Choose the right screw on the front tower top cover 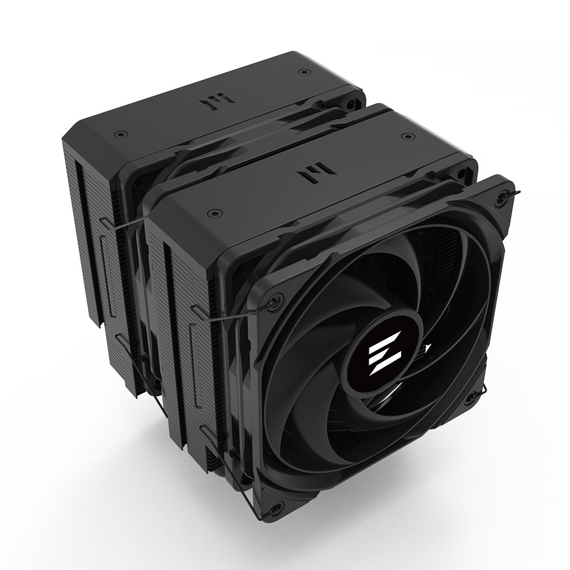coord(408,137)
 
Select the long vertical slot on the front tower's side coord(168,296)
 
